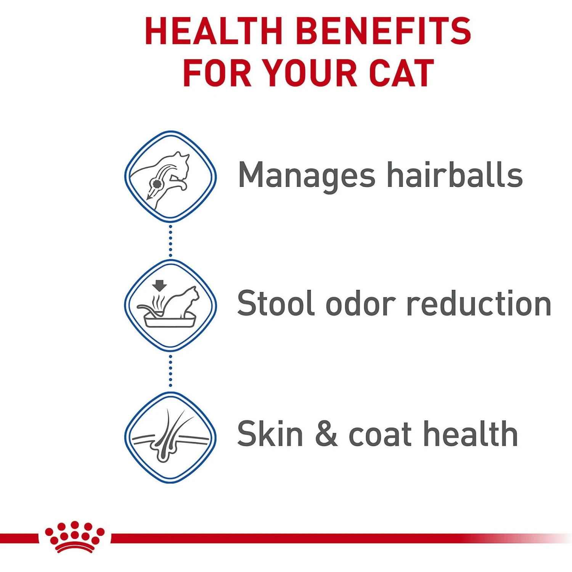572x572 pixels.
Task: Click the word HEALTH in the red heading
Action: point(214,31)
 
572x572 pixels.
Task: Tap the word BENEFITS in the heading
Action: point(384,31)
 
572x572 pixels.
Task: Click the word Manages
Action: point(307,176)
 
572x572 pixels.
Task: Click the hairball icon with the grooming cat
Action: point(170,176)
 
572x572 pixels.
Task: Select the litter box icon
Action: point(170,305)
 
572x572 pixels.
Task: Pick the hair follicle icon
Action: point(170,437)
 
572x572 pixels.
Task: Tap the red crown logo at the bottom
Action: point(75,537)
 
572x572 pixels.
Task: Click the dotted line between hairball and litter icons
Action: point(170,241)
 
